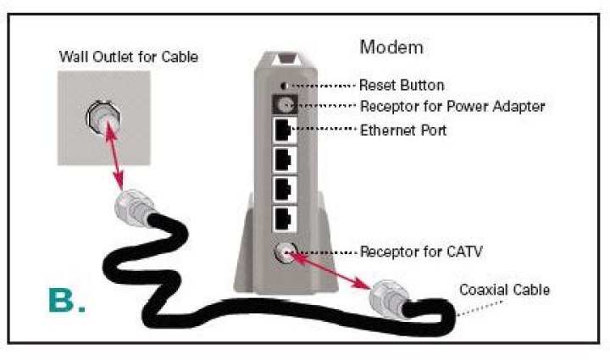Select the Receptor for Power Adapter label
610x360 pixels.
tap(452, 107)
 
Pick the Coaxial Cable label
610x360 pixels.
tap(504, 290)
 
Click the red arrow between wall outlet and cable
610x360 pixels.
tap(114, 162)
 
